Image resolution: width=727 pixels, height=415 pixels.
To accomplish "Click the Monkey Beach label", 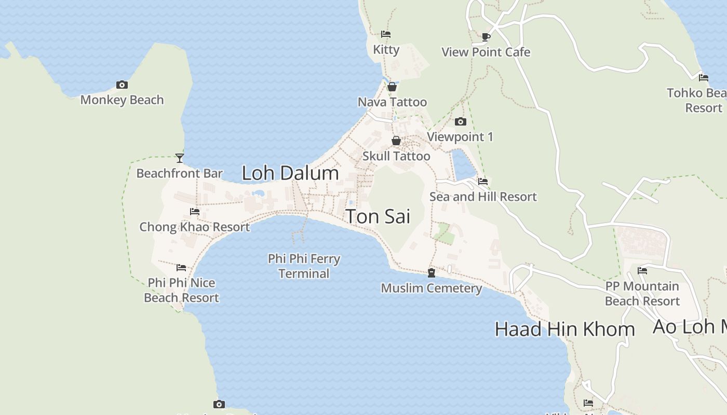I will pyautogui.click(x=122, y=100).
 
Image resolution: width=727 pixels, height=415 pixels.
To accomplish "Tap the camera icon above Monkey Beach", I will pyautogui.click(x=122, y=85).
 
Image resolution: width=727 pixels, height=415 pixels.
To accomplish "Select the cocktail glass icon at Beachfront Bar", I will pyautogui.click(x=180, y=158).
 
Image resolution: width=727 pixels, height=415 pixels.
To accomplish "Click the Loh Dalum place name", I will pyautogui.click(x=290, y=173).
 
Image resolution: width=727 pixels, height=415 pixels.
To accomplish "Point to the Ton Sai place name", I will pyautogui.click(x=378, y=216).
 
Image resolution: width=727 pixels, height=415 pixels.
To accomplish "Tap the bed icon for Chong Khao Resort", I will pyautogui.click(x=195, y=212).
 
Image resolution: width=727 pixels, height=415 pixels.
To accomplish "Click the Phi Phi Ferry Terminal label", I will pyautogui.click(x=304, y=266).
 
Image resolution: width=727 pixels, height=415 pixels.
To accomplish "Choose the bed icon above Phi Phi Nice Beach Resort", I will pyautogui.click(x=181, y=268).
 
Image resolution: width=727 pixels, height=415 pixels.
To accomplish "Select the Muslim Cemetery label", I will pyautogui.click(x=432, y=288).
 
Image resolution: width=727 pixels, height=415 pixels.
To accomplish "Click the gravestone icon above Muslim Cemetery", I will pyautogui.click(x=432, y=273).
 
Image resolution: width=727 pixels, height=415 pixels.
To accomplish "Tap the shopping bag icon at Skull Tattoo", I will pyautogui.click(x=396, y=141).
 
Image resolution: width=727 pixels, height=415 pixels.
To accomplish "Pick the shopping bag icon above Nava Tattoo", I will pyautogui.click(x=392, y=87).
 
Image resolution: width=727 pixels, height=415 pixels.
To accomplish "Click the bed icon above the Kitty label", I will pyautogui.click(x=386, y=34).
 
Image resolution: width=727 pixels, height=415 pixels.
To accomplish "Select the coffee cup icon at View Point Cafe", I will pyautogui.click(x=486, y=37).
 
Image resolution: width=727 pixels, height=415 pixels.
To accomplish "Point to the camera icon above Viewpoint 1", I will pyautogui.click(x=460, y=122).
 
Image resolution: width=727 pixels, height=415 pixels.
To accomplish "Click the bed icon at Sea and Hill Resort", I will pyautogui.click(x=483, y=182).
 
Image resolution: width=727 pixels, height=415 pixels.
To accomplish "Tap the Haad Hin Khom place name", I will pyautogui.click(x=564, y=329).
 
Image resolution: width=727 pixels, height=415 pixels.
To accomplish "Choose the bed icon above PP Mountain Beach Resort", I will pyautogui.click(x=642, y=271).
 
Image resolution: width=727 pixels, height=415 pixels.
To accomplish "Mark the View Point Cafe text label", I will pyautogui.click(x=486, y=52).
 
